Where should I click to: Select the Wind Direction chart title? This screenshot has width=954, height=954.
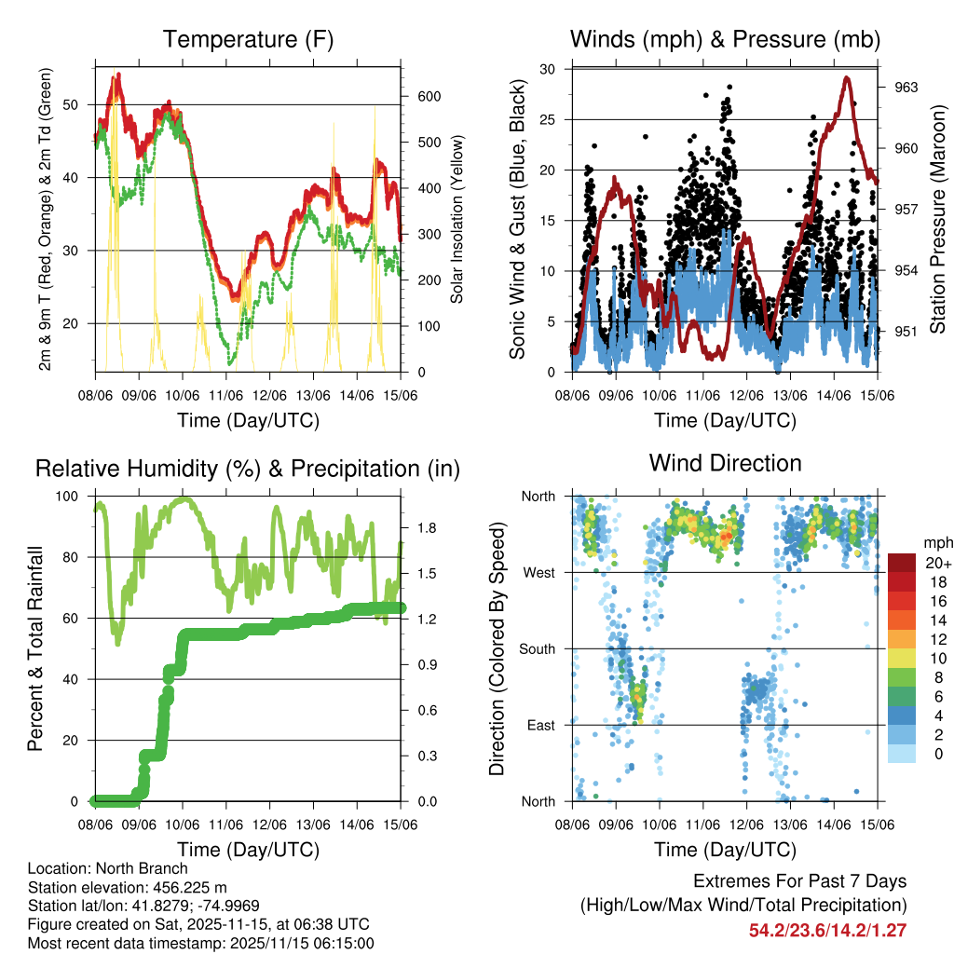point(725,463)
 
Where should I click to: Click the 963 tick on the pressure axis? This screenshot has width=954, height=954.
point(906,88)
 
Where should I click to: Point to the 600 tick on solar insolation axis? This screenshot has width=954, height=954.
point(428,97)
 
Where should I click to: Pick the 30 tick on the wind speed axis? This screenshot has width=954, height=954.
point(549,69)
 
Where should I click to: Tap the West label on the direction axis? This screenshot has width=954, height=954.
point(538,572)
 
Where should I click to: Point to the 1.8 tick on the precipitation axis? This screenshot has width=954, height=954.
point(428,527)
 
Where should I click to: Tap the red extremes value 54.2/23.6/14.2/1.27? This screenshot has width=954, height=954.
point(827,930)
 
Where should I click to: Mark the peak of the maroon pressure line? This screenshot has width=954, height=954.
point(847,77)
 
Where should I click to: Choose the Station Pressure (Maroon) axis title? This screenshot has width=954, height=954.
point(937,220)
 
